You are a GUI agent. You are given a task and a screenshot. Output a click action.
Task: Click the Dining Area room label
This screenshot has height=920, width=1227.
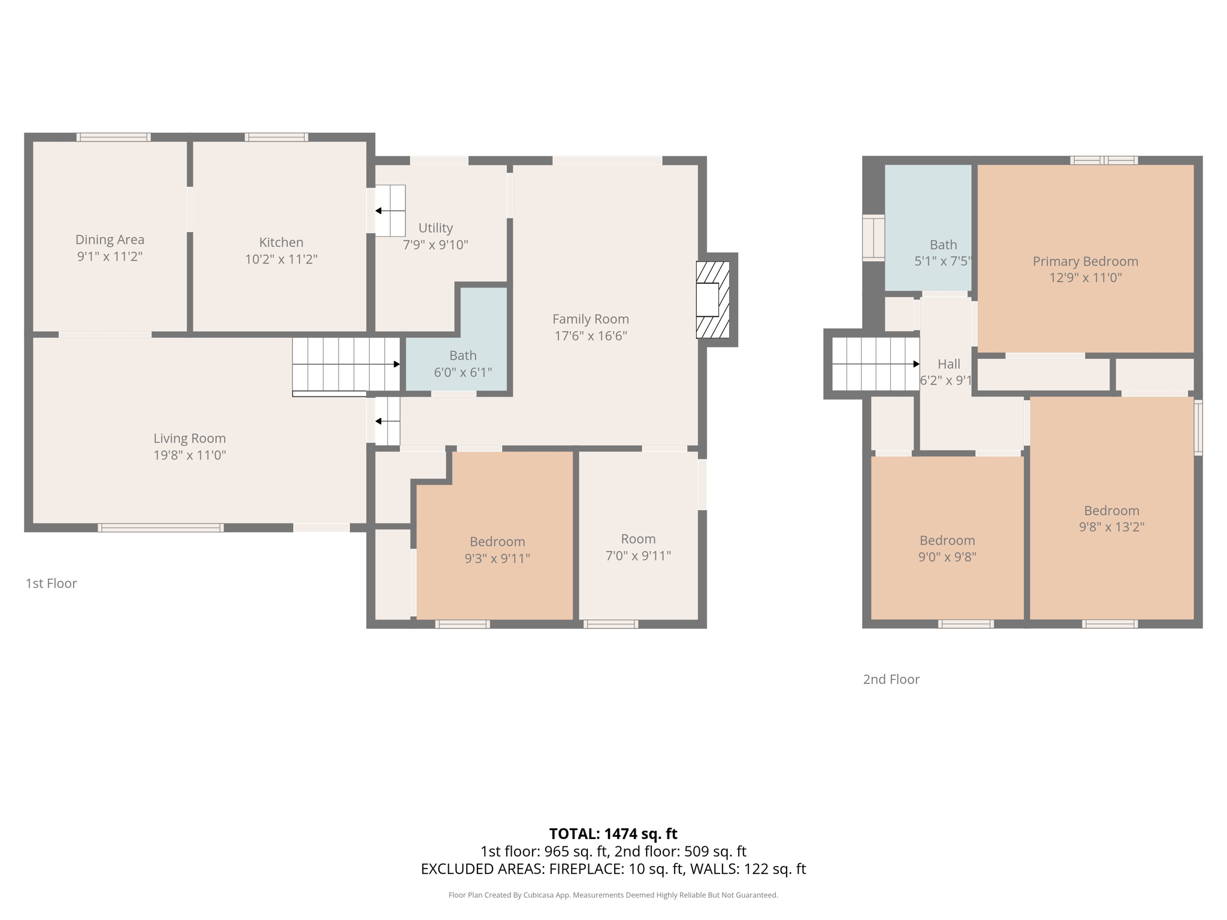(110, 240)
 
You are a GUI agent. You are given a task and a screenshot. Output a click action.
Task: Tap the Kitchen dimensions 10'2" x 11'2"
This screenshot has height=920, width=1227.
(281, 259)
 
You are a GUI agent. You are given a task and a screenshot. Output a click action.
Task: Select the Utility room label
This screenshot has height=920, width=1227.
(436, 228)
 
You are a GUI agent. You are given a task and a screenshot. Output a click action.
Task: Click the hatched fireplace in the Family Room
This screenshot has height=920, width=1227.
(713, 299)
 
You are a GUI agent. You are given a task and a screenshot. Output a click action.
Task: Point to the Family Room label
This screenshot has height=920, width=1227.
(590, 319)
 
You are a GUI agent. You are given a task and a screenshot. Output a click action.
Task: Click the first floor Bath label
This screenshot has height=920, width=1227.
(463, 356)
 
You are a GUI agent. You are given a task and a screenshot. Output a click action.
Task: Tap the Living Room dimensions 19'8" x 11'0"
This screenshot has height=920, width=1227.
(189, 455)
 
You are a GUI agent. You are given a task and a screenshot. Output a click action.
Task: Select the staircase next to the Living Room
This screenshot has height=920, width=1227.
(346, 364)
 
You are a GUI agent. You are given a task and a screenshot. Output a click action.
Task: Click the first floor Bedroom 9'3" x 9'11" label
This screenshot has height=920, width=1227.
(497, 541)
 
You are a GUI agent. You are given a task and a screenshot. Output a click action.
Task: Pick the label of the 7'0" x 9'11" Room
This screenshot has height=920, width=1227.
(638, 539)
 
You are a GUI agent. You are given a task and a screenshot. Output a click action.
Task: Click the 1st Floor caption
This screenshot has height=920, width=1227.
(52, 583)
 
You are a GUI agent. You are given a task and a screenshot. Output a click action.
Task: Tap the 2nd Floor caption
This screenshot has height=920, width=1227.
(891, 679)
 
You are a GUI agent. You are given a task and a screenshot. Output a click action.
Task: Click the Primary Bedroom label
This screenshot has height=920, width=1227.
(1085, 261)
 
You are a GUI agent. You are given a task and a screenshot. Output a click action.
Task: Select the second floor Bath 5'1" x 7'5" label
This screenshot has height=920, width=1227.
(943, 245)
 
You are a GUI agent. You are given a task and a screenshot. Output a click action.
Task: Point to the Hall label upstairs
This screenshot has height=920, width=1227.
(948, 364)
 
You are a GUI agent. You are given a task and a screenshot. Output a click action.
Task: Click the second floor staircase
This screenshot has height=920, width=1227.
(875, 364)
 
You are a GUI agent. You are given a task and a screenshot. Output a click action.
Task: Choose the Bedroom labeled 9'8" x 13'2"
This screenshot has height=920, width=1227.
(1111, 511)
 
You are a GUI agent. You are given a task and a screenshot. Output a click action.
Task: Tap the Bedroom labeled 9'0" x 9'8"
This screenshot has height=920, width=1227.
(947, 540)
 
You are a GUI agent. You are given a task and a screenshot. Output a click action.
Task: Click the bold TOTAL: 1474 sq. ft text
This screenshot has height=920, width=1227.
(613, 834)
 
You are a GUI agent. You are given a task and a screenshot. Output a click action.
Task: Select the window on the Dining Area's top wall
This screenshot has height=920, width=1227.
(113, 137)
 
